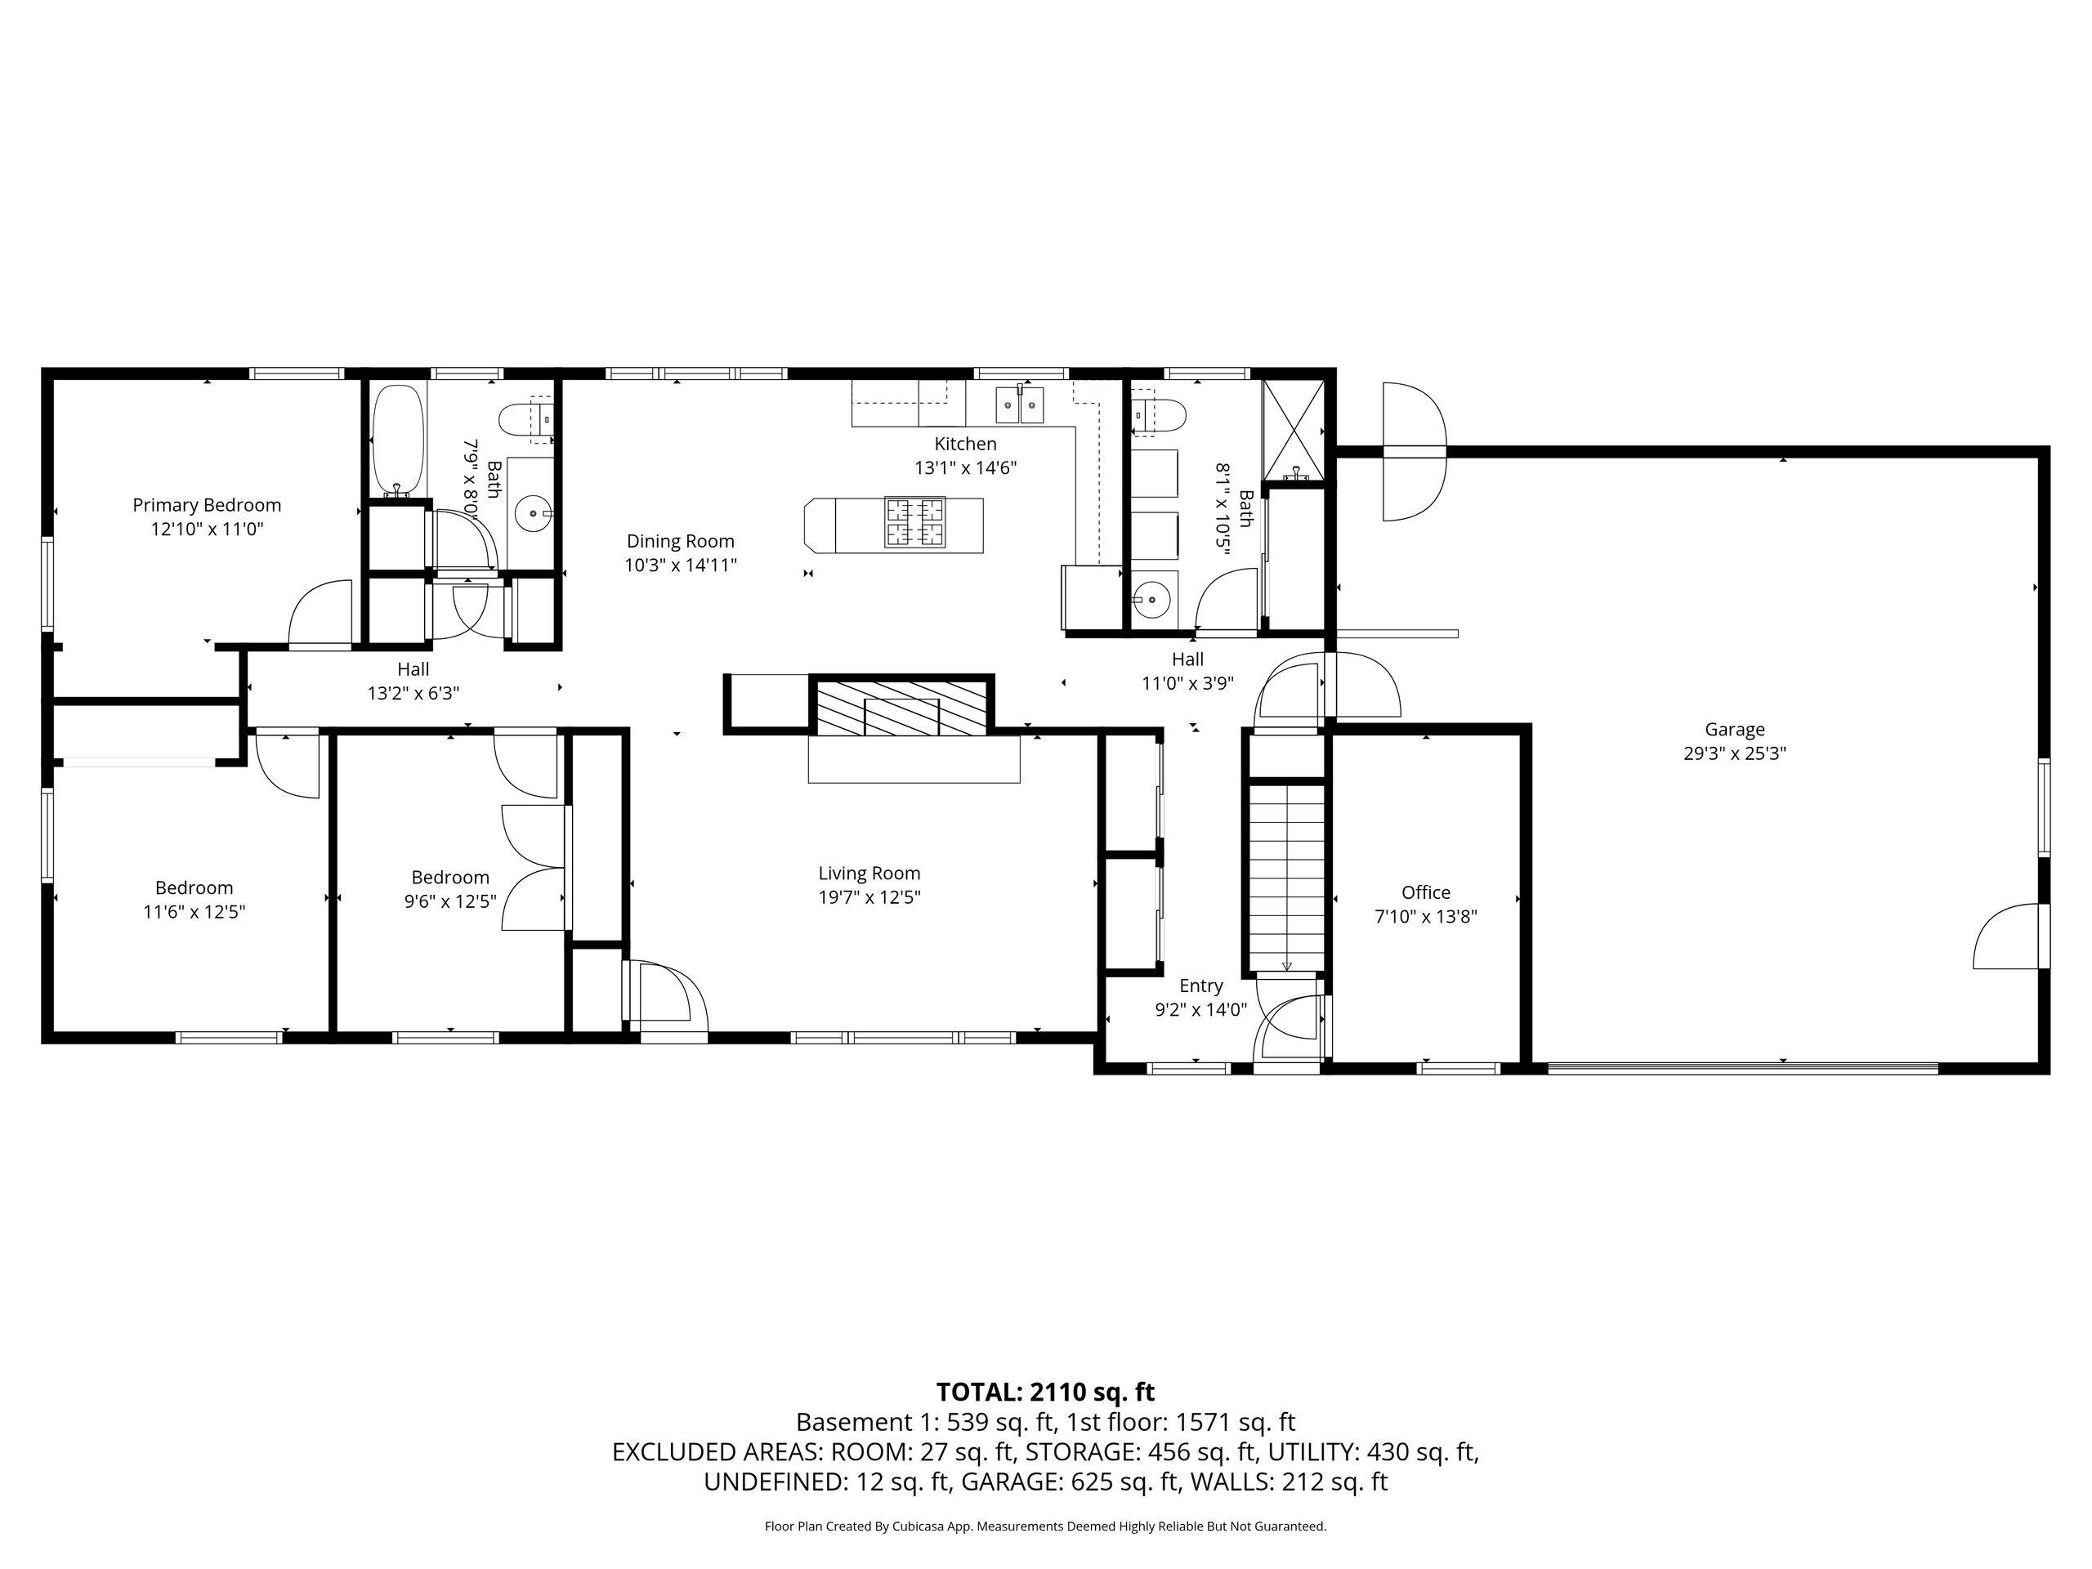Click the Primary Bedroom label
point(206,505)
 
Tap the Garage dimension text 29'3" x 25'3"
point(1735,753)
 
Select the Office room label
point(1425,892)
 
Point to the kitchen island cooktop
point(914,523)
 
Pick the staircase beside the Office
point(1286,877)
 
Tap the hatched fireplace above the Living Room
point(902,707)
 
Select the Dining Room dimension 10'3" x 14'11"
point(680,565)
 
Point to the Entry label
point(1201,986)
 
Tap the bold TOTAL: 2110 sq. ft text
point(1045,1392)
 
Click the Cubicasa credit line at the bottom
point(1045,1526)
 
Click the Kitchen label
point(966,444)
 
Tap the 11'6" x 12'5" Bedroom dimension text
point(194,912)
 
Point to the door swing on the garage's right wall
point(2008,936)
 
